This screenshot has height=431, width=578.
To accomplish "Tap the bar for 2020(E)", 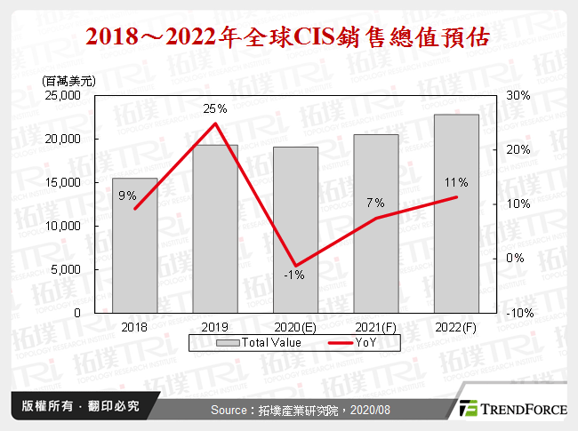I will coord(295,230).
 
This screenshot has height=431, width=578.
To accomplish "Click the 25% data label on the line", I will coord(215,108).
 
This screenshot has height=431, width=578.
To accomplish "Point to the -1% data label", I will coord(294,275).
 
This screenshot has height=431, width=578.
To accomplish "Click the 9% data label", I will coord(127,196).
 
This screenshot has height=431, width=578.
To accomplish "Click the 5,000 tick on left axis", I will coord(68,269).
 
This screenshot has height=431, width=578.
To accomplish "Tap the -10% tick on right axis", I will coord(519,313).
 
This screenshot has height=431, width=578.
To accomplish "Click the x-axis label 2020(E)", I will coord(295,328).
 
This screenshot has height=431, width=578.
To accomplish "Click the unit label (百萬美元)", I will coord(68,81).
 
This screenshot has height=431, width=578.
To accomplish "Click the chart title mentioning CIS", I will coord(288,38).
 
